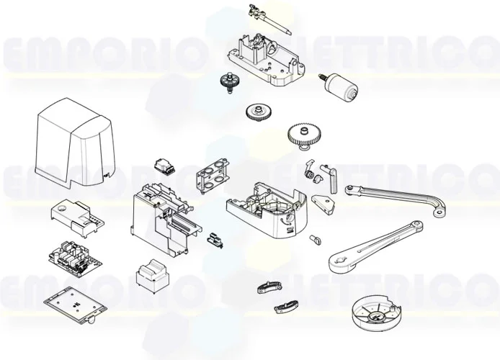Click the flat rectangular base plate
(x=70, y=305)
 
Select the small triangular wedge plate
(x=323, y=202)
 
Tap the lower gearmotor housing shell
(x=267, y=209)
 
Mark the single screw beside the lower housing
(x=314, y=238)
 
